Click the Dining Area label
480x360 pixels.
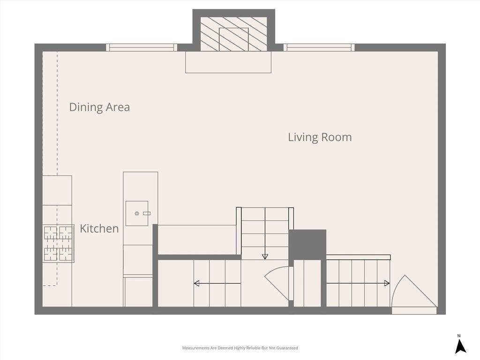(x=99, y=107)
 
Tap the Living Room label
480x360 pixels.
(x=320, y=137)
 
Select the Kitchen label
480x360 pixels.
(x=99, y=228)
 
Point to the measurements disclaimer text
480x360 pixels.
(x=240, y=348)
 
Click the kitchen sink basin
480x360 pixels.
(x=137, y=213)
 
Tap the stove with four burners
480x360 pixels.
(x=59, y=243)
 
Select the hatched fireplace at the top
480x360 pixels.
(x=234, y=34)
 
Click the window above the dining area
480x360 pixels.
(x=142, y=47)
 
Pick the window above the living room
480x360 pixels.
(x=319, y=47)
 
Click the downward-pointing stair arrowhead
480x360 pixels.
(x=265, y=257)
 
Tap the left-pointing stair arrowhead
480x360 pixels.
(x=196, y=284)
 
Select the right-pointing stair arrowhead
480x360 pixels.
(x=387, y=284)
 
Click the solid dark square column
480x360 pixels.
(x=307, y=245)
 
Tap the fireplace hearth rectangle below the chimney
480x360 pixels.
(x=228, y=62)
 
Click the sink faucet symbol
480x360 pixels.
(x=147, y=213)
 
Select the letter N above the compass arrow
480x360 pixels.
(x=459, y=336)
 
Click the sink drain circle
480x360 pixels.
(x=137, y=213)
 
